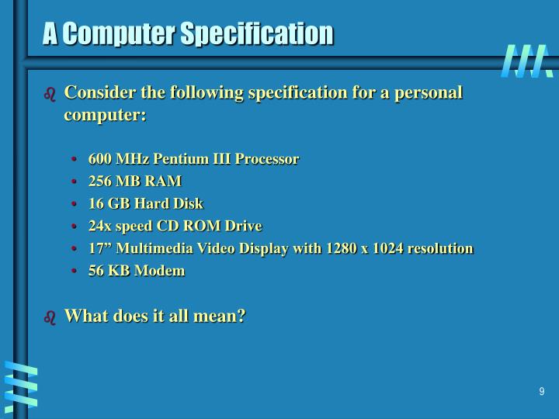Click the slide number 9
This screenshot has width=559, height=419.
tap(542, 392)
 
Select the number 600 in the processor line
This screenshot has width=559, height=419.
tap(99, 158)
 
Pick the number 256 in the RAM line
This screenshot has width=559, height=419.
tap(99, 181)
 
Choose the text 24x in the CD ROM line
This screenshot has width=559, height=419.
tap(99, 226)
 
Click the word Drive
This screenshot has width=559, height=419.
tap(244, 226)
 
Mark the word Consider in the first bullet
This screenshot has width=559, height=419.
tap(96, 93)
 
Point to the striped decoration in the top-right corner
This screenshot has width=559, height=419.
tap(527, 61)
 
